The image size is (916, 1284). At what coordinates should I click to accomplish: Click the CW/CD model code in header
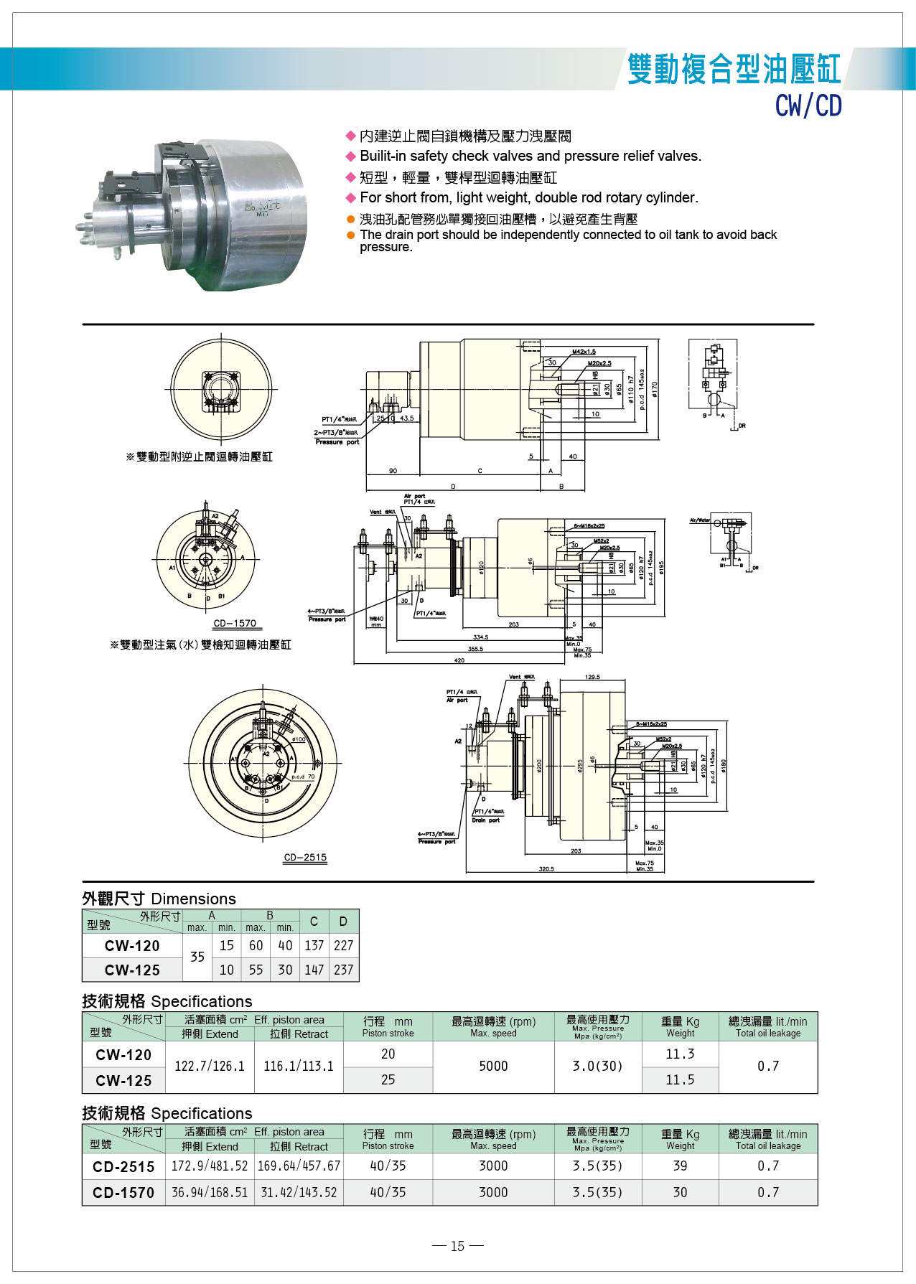click(808, 106)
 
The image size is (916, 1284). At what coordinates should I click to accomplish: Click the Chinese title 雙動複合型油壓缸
click(733, 69)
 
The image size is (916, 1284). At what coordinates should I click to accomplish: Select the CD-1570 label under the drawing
click(234, 623)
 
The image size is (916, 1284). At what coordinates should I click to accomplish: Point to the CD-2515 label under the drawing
click(305, 857)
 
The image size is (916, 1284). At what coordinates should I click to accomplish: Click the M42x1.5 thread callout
click(584, 352)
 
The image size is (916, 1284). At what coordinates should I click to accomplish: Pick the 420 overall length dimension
click(458, 660)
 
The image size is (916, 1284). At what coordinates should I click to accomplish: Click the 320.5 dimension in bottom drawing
click(546, 868)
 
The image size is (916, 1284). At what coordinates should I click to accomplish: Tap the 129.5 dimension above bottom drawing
click(592, 677)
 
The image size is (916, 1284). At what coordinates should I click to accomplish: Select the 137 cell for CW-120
click(314, 945)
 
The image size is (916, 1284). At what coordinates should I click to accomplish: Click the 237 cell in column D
click(343, 970)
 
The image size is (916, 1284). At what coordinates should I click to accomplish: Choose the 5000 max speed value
click(493, 1066)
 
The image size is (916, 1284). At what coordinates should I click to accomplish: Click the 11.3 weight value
click(679, 1054)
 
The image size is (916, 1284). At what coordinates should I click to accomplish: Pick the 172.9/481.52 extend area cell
click(209, 1166)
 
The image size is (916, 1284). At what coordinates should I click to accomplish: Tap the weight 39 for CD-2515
click(679, 1166)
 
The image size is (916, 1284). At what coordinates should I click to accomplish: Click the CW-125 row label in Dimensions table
click(132, 970)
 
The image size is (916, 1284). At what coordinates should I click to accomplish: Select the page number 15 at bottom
click(457, 1246)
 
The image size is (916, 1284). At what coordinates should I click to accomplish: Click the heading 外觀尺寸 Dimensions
click(159, 899)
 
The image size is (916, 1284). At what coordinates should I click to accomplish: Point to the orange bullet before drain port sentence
click(350, 235)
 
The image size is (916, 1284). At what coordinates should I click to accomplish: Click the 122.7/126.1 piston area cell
click(209, 1066)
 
